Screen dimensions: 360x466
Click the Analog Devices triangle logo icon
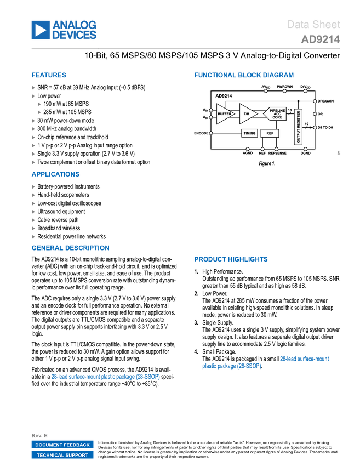(41, 30)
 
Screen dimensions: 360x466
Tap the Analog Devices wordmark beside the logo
(75, 30)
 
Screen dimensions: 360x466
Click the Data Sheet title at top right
(314, 25)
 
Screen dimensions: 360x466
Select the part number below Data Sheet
(321, 39)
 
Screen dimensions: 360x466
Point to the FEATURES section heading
(49, 75)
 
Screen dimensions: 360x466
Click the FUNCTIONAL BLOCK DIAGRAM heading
(244, 75)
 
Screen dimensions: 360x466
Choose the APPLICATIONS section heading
(55, 174)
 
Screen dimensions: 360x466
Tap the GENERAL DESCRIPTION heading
(71, 248)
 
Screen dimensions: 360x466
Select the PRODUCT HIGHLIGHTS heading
(231, 259)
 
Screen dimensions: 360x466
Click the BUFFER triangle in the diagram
(224, 114)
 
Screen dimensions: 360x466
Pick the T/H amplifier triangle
(247, 114)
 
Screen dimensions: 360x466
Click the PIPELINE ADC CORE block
(276, 114)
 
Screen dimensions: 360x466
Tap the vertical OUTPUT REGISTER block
(299, 127)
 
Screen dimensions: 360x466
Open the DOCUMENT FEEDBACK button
(62, 445)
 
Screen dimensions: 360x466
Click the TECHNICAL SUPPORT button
(62, 455)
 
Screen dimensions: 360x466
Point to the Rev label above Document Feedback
(39, 435)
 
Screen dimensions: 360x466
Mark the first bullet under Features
(33, 88)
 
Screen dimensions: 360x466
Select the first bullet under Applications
(33, 186)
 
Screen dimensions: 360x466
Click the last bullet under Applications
(33, 237)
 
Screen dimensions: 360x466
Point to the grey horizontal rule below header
(186, 48)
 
